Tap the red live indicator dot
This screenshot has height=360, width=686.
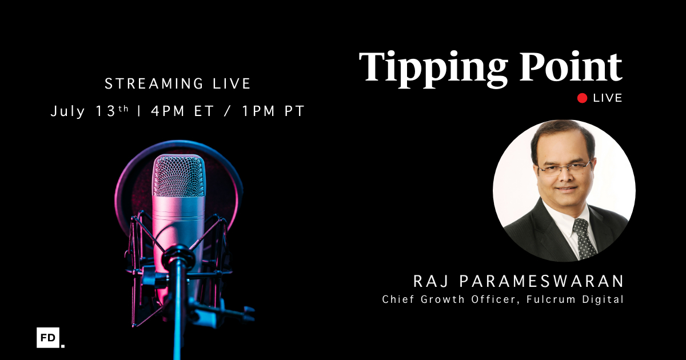tap(583, 98)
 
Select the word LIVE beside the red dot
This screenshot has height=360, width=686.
tap(608, 98)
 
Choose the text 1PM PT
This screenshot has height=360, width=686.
tap(273, 111)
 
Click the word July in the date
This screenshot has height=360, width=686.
tap(67, 111)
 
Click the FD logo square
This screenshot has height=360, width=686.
tap(49, 338)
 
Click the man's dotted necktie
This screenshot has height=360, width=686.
tap(584, 237)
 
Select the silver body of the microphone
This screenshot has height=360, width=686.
tap(178, 223)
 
